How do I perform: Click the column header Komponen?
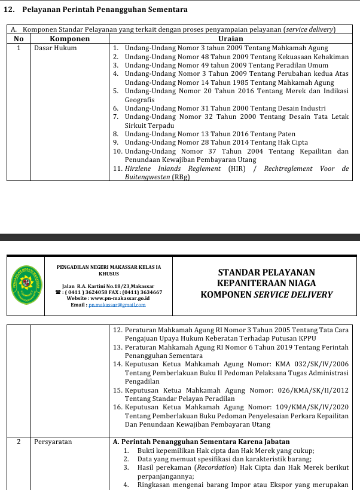pos(69,38)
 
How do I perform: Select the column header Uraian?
pos(230,38)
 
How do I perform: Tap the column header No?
pos(19,38)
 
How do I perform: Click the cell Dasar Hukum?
pos(56,48)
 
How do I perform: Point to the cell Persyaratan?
pos(53,442)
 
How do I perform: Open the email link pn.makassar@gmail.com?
pos(117,305)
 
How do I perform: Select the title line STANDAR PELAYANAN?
pos(266,272)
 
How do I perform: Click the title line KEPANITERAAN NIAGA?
pos(266,283)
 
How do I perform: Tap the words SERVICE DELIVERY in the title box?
pos(293,294)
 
